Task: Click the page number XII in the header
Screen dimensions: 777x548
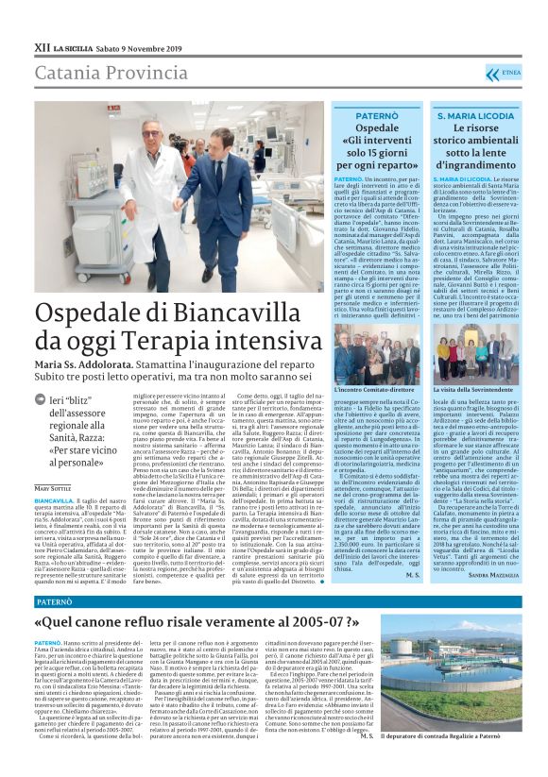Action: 41,46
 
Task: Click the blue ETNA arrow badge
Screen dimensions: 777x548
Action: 503,73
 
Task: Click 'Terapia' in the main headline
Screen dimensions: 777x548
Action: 186,346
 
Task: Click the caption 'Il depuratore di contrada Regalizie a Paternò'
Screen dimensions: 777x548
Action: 458,761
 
